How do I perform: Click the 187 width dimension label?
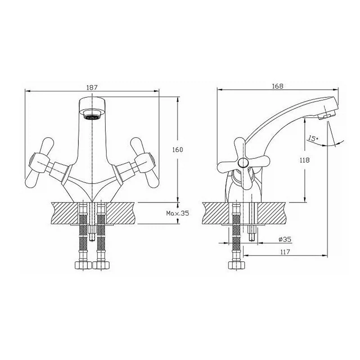(x=92, y=87)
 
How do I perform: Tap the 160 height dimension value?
(x=177, y=150)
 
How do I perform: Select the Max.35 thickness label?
(x=177, y=213)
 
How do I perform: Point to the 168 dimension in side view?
(x=278, y=86)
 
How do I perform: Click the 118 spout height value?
(x=305, y=160)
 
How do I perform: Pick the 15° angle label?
(x=313, y=139)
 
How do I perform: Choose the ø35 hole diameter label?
(x=285, y=239)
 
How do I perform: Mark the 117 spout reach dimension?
(x=285, y=252)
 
